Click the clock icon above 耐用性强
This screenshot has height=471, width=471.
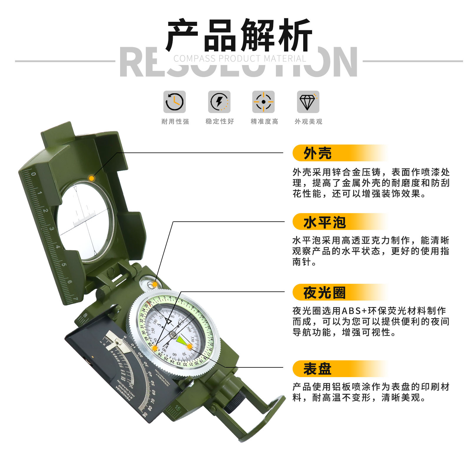(x=175, y=102)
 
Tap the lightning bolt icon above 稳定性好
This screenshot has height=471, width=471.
(x=219, y=102)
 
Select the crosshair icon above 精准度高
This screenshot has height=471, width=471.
(x=263, y=102)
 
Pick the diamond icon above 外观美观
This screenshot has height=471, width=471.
(x=308, y=102)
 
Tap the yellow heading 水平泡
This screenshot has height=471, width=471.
(x=324, y=222)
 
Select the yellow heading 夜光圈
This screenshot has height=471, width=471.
(x=324, y=293)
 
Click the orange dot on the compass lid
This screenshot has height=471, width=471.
(x=92, y=178)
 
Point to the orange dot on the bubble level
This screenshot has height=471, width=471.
(x=155, y=284)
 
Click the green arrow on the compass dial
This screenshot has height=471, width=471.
(x=182, y=341)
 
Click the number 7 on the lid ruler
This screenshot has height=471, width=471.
(x=76, y=299)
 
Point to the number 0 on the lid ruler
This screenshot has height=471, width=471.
(x=34, y=174)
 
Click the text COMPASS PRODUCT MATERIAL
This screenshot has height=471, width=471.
(x=240, y=59)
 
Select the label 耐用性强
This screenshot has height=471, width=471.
(x=175, y=121)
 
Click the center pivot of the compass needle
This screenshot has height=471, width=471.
(x=173, y=334)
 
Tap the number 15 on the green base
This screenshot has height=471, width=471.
(x=178, y=408)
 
